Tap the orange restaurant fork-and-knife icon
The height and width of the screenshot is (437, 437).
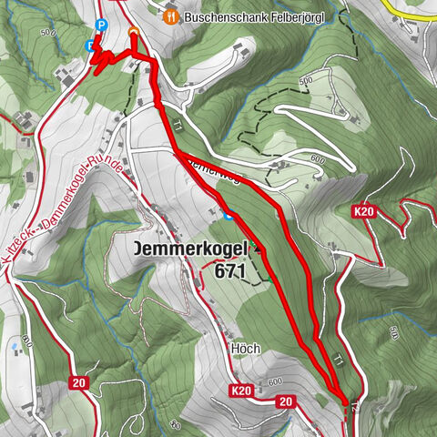[x=169, y=15]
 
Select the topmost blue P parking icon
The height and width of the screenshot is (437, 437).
[x=101, y=25]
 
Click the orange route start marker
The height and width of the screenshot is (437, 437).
[x=134, y=33]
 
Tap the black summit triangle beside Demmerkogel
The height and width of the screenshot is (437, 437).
[x=258, y=248]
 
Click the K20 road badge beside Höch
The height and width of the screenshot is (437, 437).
[x=240, y=391]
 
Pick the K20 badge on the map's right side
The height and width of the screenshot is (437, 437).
[x=364, y=211]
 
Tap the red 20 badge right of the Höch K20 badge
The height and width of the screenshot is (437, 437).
[x=286, y=401]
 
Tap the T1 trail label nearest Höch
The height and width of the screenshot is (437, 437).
[x=337, y=361]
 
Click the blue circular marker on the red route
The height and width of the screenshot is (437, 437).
[x=229, y=216]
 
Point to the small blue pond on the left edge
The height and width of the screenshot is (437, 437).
[x=13, y=347]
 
